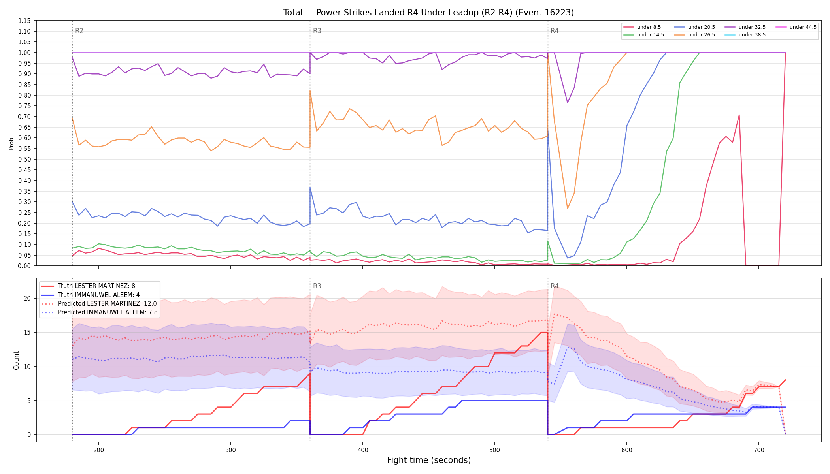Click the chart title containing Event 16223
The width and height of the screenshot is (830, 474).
point(428,13)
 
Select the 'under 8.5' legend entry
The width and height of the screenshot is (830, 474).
point(642,27)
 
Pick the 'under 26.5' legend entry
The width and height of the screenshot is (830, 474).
point(694,35)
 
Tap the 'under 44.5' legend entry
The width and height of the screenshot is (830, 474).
point(796,27)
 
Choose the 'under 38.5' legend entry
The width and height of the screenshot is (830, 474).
point(745,35)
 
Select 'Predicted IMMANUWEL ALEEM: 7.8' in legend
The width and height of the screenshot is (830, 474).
point(100,312)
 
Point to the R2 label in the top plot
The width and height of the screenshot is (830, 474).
point(79,31)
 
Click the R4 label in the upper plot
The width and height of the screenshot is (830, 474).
point(555,31)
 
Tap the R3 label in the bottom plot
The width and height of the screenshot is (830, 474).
point(317,286)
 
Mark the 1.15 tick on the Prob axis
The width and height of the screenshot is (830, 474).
point(25,21)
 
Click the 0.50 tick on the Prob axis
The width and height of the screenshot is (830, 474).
point(25,159)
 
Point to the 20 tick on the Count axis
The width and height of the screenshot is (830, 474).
point(27,298)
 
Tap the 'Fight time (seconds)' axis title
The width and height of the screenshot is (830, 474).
point(429,460)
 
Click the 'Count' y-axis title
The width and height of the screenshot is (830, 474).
point(16,360)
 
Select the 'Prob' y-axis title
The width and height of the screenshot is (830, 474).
point(11,143)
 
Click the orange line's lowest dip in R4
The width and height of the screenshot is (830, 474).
point(568,209)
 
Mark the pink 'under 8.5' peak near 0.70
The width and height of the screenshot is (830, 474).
point(739,115)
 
